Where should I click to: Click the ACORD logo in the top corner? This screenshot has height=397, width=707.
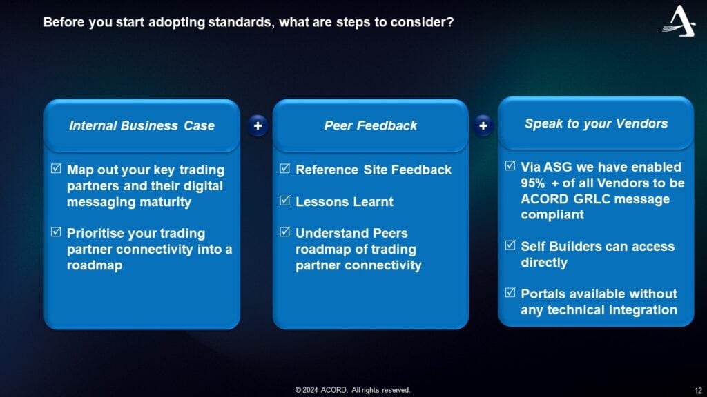(x=679, y=21)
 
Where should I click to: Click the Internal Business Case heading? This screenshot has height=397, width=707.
(x=142, y=125)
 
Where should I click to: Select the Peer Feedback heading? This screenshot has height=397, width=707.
(x=370, y=125)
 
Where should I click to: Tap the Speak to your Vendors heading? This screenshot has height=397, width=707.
(x=596, y=124)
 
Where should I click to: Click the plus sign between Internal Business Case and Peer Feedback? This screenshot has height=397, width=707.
(x=258, y=125)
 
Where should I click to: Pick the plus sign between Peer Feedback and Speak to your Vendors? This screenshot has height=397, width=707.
(x=483, y=125)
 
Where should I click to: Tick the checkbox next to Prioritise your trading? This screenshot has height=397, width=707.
(x=57, y=232)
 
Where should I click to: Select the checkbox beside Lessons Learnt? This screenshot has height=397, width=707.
(x=284, y=201)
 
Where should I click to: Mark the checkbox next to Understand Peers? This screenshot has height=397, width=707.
(x=284, y=232)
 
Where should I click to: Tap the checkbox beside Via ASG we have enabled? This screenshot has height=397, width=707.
(x=510, y=167)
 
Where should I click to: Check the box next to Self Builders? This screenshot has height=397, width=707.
(x=510, y=246)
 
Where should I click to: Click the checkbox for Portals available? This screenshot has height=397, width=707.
(x=510, y=293)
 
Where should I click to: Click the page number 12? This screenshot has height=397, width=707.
(x=697, y=390)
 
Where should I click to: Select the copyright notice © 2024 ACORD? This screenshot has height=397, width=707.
(x=352, y=390)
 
